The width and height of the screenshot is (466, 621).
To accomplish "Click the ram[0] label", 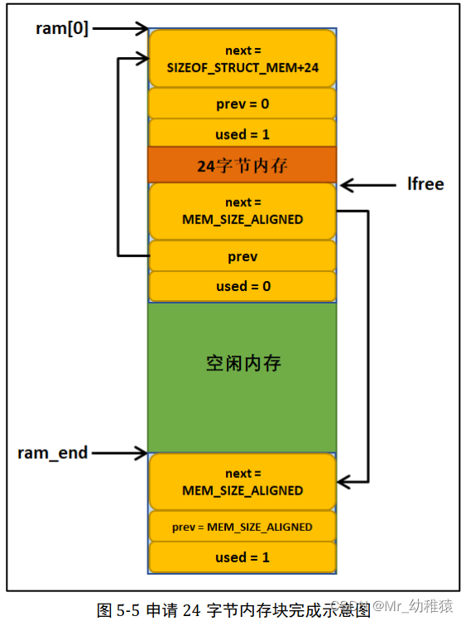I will [61, 29].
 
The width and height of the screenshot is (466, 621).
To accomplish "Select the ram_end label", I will [52, 453].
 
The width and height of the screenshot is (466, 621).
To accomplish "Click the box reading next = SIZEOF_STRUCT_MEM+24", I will [242, 58].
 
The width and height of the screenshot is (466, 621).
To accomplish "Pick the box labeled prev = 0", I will [242, 104].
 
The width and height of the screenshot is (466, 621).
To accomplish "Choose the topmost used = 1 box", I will [242, 134].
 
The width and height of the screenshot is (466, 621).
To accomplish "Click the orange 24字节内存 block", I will [242, 165].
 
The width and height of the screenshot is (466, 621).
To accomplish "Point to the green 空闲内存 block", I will [242, 364].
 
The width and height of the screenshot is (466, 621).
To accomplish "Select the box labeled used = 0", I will [242, 286].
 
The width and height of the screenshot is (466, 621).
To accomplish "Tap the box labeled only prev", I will [242, 256].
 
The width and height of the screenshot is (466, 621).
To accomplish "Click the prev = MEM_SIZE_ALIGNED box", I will [242, 527].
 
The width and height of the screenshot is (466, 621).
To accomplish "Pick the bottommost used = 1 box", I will [242, 557].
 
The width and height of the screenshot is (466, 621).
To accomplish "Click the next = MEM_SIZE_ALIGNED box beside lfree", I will [242, 212].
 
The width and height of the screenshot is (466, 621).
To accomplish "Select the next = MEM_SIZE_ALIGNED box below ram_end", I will [242, 482].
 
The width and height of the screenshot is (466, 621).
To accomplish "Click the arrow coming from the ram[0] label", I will [119, 29].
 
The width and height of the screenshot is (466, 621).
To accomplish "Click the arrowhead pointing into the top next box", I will [139, 59].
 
